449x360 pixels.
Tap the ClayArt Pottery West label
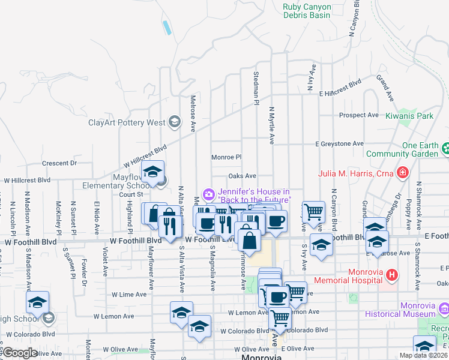coord(127,122)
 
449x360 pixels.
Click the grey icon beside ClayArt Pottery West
coord(174,122)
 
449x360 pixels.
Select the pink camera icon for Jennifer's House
coord(208,193)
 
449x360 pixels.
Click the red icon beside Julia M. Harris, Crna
coord(402,174)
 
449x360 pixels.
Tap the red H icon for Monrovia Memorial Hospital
coord(392,275)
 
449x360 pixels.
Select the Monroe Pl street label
coord(226,157)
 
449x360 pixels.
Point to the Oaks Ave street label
coord(243,176)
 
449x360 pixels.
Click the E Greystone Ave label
coord(341,144)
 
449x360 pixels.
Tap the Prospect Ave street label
coord(359,115)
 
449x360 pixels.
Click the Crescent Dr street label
coord(60,163)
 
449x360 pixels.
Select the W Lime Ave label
coord(129,295)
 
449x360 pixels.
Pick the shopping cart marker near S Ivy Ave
coord(313,211)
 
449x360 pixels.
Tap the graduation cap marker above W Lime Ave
coord(37,301)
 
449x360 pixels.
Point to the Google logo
coord(19,353)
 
